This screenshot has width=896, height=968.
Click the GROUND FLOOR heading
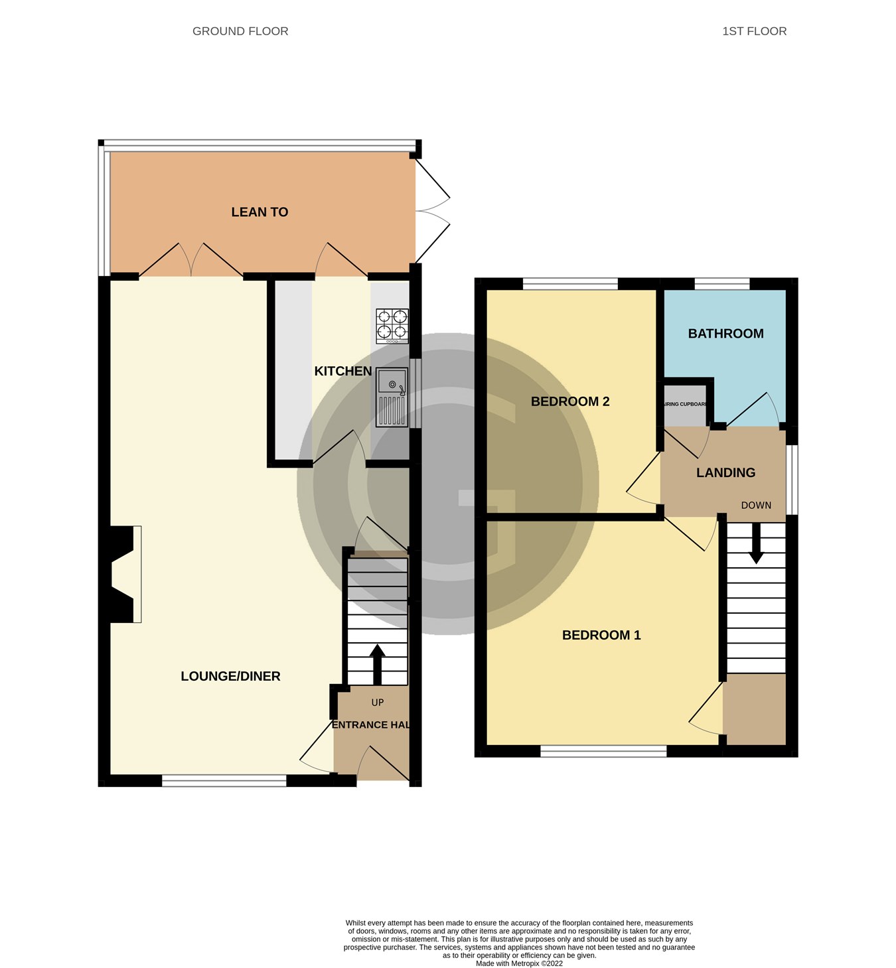240,31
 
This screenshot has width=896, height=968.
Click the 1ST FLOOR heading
754,31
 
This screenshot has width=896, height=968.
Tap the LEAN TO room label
260,212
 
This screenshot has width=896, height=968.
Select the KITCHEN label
342,372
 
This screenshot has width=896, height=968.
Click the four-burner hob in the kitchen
392,325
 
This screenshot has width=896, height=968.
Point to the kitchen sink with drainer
392,397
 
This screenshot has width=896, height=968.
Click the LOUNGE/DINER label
230,676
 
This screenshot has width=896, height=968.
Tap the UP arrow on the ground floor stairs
377,663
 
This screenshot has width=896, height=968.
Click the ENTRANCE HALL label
370,725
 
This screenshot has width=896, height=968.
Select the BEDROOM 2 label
570,401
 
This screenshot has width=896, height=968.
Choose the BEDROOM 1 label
601,635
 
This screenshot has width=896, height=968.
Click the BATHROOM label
725,334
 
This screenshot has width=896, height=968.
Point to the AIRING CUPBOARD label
685,404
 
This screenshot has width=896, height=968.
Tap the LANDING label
725,472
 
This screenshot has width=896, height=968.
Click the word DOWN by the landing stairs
756,506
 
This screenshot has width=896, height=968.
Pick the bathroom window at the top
722,284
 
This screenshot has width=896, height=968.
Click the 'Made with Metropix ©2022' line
519,963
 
